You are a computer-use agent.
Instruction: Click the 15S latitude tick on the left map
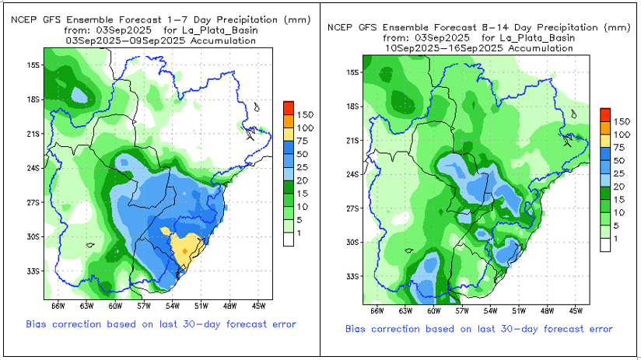tap(33, 65)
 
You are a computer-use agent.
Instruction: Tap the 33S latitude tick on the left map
tap(33, 271)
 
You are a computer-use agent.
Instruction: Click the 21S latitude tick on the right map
tap(352, 140)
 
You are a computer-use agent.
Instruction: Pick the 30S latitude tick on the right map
tap(352, 242)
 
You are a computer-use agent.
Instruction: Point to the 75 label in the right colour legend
tap(622, 146)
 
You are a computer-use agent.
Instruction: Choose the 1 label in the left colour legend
tap(301, 232)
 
